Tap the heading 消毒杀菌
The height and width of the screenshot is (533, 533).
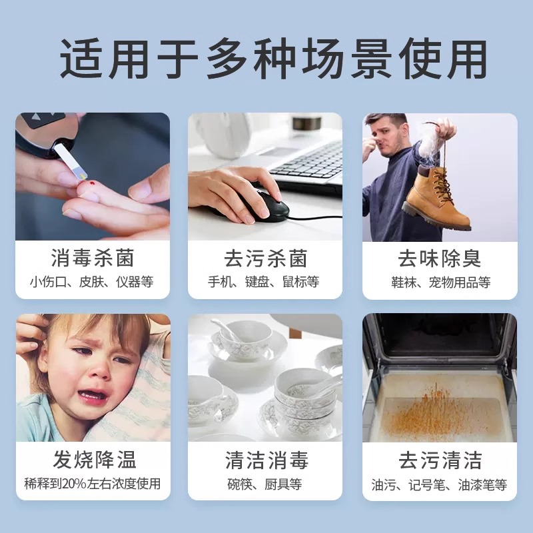[x=92, y=259]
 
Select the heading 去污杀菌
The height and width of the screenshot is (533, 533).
[x=265, y=259]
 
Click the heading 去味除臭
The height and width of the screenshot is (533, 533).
[x=440, y=259]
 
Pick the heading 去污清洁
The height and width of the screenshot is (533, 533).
[x=440, y=460]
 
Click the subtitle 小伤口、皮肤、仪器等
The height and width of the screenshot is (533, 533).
[x=92, y=282]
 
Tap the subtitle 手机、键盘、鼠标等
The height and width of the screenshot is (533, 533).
[x=265, y=282]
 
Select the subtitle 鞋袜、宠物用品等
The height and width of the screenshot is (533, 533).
[x=440, y=282]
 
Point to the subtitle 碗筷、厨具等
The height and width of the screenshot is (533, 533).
[x=265, y=484]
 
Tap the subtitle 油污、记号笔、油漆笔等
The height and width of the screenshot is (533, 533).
[x=440, y=484]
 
